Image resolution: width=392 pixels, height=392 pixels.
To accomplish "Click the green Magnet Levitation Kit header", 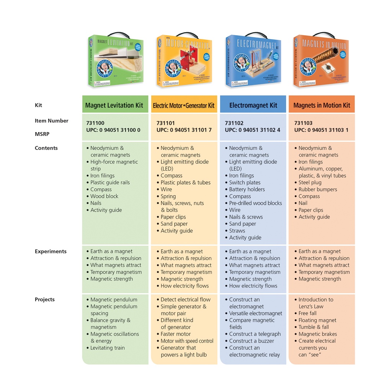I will coord(114,105).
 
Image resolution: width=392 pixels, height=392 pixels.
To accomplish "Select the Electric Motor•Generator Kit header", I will coord(184,105).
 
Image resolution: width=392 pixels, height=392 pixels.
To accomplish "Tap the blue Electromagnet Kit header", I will coord(253,105).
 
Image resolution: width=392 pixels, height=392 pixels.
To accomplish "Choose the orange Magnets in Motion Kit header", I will coord(322,105).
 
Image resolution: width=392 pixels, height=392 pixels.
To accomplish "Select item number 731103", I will coord(303,123).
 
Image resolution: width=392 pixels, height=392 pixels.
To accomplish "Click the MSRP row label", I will coord(42,134).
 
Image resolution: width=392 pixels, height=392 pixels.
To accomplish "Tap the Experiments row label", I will coord(51,252).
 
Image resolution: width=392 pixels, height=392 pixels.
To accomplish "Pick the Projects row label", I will coord(45,300).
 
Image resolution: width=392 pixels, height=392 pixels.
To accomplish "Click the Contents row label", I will coord(46,148).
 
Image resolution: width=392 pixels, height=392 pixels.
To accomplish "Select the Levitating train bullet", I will coord(107,348).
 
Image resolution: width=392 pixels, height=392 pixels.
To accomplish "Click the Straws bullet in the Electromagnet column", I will coord(237,231).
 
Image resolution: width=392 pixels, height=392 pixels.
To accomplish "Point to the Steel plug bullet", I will coord(310,183).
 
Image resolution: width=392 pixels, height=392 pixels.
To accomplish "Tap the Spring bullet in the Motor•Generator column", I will coord(168,196).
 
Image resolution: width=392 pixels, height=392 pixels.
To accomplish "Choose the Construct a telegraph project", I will coord(255,334).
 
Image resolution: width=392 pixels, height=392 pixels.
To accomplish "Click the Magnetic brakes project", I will coord(317,334).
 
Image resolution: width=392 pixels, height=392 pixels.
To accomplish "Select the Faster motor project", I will coord(175,334).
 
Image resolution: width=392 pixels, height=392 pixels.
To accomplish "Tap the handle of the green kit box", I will coord(116,35).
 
